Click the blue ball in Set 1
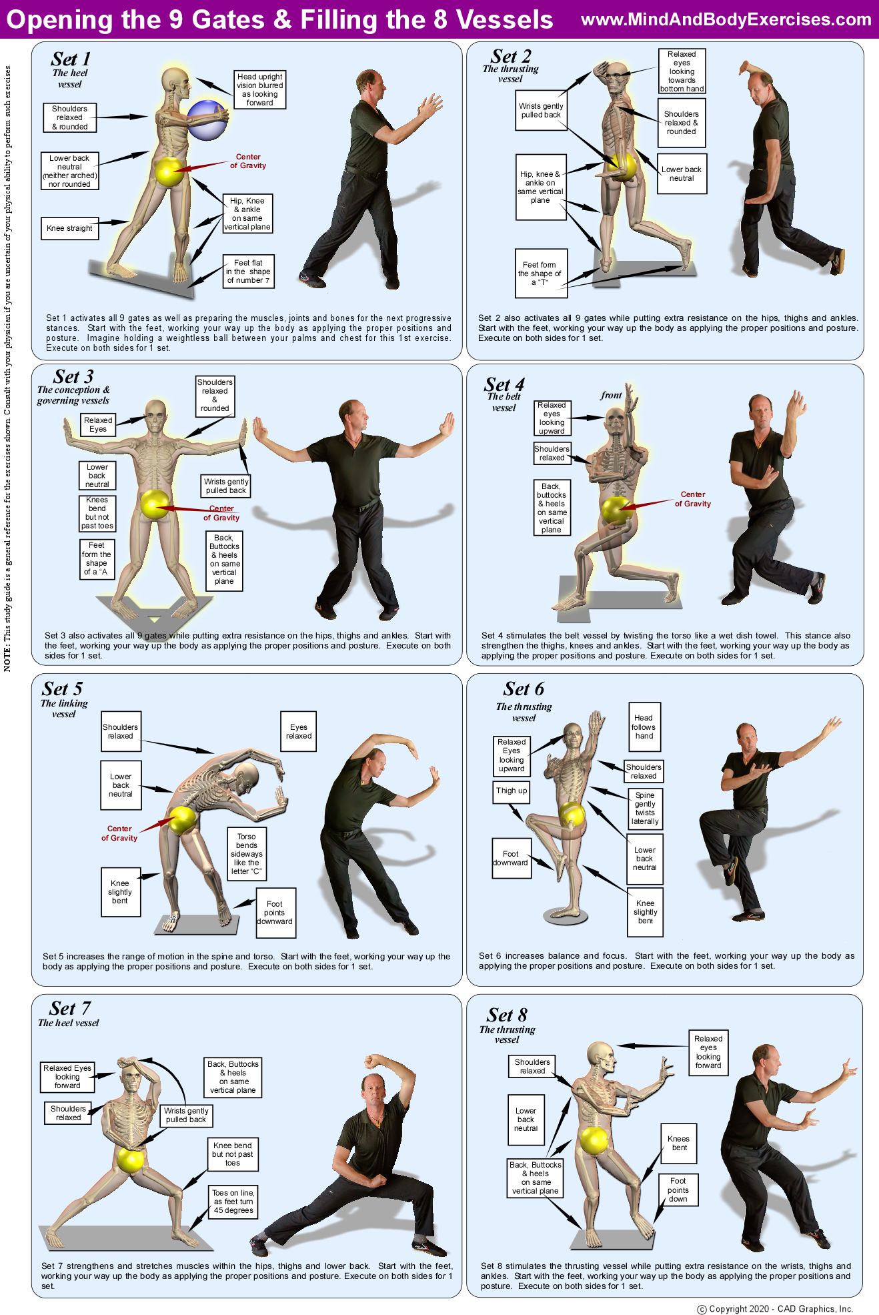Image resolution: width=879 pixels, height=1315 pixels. (207, 120)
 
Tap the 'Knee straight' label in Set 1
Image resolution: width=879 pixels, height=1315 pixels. (69, 228)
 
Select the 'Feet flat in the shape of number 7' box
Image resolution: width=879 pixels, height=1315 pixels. (249, 272)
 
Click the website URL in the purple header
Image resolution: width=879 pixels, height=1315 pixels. (726, 19)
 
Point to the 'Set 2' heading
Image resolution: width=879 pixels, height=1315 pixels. (511, 57)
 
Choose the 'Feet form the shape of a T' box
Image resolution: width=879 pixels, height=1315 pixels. (541, 273)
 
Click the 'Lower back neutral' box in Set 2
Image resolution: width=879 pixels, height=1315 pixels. (682, 174)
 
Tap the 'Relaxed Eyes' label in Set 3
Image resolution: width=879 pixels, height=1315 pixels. (98, 425)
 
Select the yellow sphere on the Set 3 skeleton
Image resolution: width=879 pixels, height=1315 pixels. (155, 504)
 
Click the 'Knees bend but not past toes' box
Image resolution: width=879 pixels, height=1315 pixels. (97, 513)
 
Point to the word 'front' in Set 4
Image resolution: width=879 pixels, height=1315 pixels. (611, 395)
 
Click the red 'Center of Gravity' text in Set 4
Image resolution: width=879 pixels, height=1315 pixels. (693, 499)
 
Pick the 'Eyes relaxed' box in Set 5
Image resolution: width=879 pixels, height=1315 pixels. (299, 732)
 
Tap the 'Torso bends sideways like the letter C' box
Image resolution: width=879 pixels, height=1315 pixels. (247, 854)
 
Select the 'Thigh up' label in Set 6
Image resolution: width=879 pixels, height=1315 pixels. (512, 791)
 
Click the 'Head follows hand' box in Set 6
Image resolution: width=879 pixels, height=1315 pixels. (644, 727)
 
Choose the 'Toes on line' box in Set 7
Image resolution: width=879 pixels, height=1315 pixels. (233, 1202)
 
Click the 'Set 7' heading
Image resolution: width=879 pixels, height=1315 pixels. (70, 1008)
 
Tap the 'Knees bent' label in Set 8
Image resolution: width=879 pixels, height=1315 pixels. (679, 1144)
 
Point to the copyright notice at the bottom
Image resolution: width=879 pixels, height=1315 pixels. (775, 1309)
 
